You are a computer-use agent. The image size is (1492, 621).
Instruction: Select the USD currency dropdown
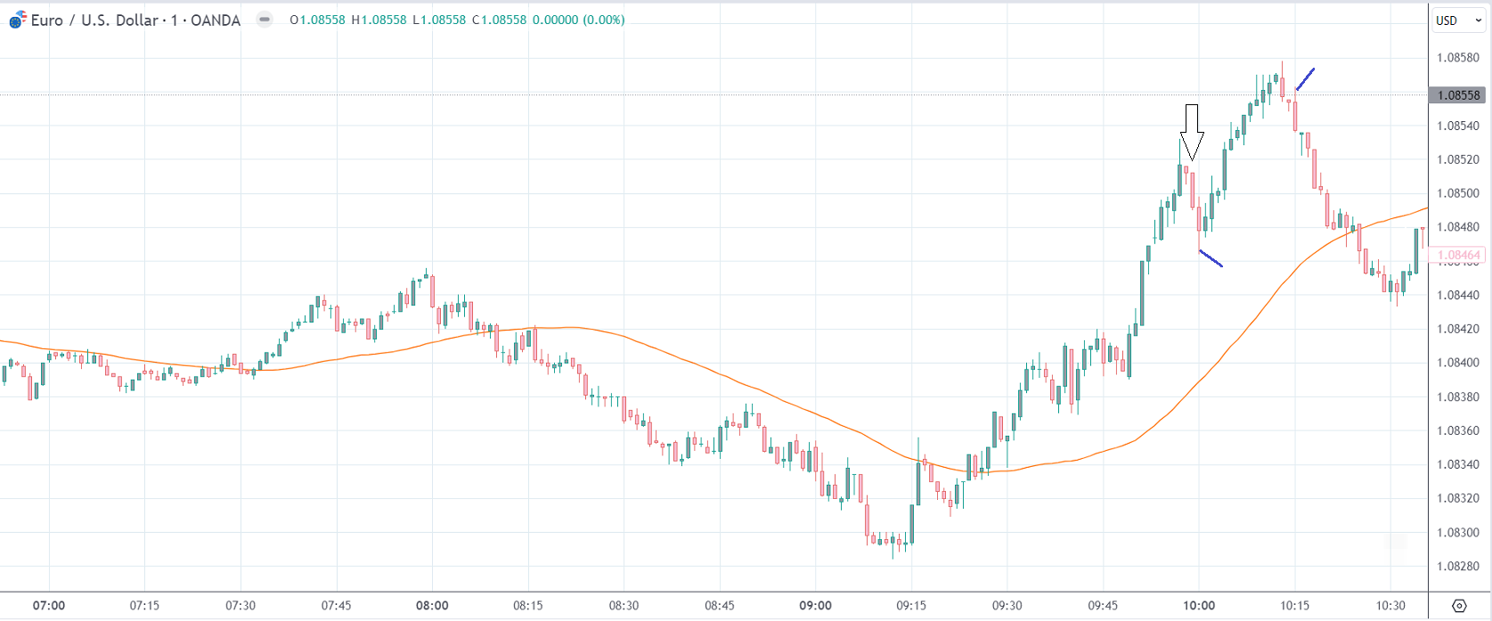1458,20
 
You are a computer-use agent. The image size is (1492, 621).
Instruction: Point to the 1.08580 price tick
1457,58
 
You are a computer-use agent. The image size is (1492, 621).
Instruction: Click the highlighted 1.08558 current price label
1457,95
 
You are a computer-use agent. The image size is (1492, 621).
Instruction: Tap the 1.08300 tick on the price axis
1457,533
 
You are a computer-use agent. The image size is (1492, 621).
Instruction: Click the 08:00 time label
432,606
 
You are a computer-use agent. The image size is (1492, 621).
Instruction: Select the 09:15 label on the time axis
911,606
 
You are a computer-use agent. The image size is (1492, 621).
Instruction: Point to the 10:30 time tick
1390,606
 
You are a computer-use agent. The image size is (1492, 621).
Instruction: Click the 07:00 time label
49,606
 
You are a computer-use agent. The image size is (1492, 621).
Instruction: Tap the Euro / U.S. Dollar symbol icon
18,20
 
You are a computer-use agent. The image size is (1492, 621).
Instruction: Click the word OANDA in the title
216,20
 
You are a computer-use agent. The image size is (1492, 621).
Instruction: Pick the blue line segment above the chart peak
1305,79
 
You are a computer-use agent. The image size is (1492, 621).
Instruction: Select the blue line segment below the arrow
1211,258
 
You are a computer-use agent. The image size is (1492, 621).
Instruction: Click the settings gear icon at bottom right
1459,606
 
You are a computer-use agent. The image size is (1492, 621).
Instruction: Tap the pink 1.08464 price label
1457,255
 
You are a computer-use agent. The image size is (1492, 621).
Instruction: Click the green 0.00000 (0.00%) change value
578,20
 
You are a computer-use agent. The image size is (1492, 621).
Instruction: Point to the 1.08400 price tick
1457,363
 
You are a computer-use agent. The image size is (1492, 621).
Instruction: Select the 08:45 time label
720,606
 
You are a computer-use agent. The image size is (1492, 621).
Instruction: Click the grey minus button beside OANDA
265,20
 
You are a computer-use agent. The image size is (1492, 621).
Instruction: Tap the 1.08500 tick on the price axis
1457,193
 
